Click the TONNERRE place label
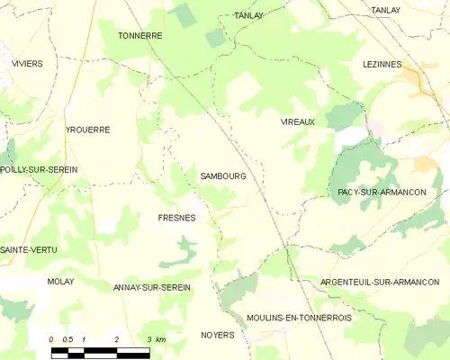[x=139, y=36]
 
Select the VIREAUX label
[x=297, y=121]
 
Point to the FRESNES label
[x=176, y=218]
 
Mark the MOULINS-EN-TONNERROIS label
[x=299, y=318]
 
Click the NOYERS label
[x=216, y=335]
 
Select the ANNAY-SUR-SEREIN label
[x=151, y=287]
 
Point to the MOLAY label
[x=60, y=282]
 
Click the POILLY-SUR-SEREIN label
[x=39, y=169]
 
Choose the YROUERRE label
[x=87, y=130]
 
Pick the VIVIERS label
[x=27, y=65]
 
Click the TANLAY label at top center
[x=247, y=16]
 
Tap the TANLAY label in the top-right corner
[x=385, y=10]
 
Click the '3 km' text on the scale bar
[x=156, y=339]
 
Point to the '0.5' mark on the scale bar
[x=67, y=339]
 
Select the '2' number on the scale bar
[x=116, y=339]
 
